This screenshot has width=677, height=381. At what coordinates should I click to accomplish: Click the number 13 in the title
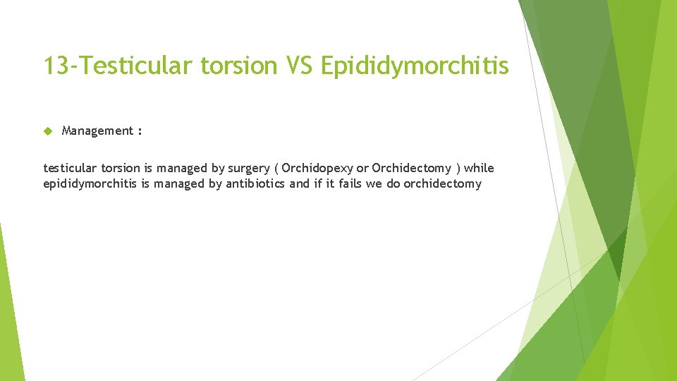pos(54,66)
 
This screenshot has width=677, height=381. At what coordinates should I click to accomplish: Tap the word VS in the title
pos(300,66)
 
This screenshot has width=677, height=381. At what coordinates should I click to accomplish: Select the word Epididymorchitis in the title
pos(414,66)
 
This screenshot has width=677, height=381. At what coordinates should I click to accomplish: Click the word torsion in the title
pos(240,66)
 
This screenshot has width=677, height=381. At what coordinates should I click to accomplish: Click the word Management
pos(97,131)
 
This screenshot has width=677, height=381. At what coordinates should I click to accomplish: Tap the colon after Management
pos(140,131)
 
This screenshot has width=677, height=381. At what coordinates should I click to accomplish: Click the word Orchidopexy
pos(317,169)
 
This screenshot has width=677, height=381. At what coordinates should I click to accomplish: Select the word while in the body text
pos(480,169)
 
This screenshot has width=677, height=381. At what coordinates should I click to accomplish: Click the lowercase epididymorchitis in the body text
pos(85,184)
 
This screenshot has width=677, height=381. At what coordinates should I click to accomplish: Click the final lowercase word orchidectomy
pos(442,184)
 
